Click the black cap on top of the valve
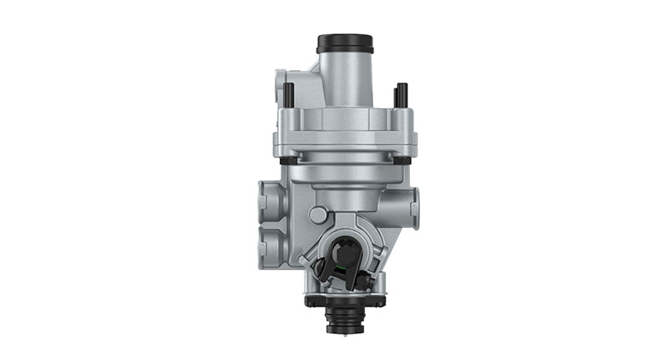[x=344, y=43]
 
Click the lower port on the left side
[x=270, y=245]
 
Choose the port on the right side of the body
[x=412, y=201]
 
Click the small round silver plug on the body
[x=317, y=215]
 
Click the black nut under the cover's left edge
[x=286, y=160]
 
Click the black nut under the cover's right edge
[x=402, y=160]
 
